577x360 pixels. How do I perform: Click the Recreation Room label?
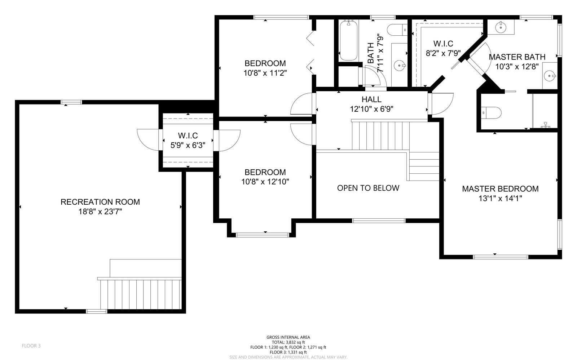pos(100,202)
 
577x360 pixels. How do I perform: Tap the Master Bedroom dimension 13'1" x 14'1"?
pos(500,199)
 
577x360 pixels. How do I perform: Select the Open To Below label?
pos(368,188)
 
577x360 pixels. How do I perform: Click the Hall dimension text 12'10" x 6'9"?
pos(371,109)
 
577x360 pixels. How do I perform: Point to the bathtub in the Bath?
pos(348,41)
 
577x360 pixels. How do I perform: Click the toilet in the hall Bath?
pos(397,30)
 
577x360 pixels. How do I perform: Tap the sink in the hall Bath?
pos(400,65)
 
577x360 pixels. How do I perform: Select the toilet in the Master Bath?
pos(491,113)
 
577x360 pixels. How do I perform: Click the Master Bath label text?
pos(517,57)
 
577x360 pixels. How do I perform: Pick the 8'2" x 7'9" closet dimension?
pos(443,53)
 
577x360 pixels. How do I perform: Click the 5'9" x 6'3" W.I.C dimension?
pos(188,145)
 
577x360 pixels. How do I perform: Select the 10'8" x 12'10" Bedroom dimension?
pos(265,182)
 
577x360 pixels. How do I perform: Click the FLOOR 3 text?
pos(31,346)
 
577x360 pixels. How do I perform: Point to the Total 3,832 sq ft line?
pos(288,342)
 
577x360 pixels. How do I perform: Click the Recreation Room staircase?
pos(141,294)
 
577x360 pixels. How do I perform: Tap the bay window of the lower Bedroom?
pos(263,235)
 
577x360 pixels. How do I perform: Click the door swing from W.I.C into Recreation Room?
pos(147,140)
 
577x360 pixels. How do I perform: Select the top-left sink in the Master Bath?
pos(501,27)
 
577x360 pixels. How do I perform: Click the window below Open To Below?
pos(379,221)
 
